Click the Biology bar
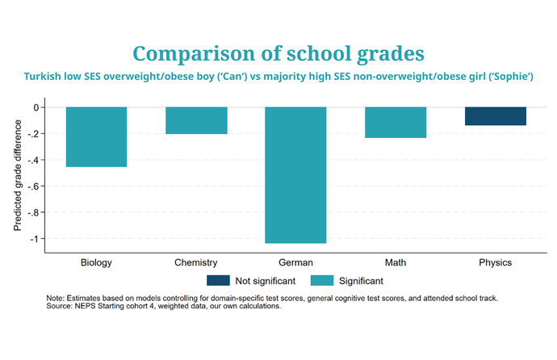point(96,136)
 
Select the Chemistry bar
point(196,120)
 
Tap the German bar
point(295,174)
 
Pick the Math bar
point(396,122)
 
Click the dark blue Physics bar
point(495,116)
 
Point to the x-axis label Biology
point(96,263)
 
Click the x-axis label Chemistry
point(196,263)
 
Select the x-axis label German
point(295,263)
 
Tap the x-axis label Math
point(396,263)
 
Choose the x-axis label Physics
point(495,263)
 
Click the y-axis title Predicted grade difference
point(17,173)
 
